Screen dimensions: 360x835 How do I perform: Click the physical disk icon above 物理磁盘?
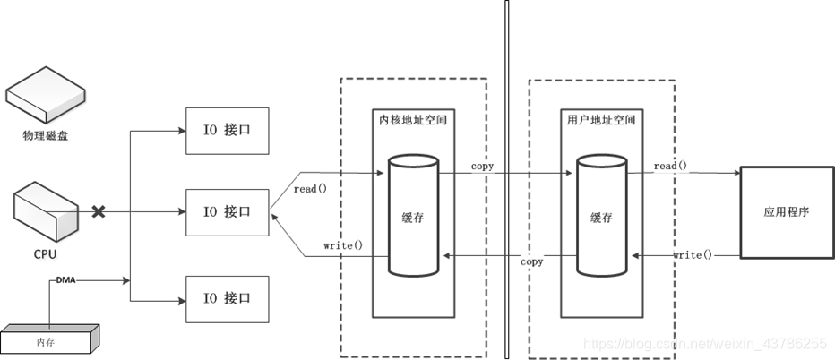pyautogui.click(x=46, y=98)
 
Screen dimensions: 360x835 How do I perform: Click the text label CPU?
pyautogui.click(x=45, y=254)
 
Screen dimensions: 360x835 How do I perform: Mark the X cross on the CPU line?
pyautogui.click(x=99, y=212)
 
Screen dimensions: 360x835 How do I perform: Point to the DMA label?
pyautogui.click(x=66, y=280)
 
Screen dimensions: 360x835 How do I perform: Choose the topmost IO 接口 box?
pyautogui.click(x=226, y=131)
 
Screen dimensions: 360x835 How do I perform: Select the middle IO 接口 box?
pyautogui.click(x=226, y=212)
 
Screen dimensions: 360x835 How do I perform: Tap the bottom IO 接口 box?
pyautogui.click(x=226, y=298)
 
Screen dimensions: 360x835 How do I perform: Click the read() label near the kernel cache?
pyautogui.click(x=310, y=189)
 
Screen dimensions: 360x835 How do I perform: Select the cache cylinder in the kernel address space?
pyautogui.click(x=413, y=215)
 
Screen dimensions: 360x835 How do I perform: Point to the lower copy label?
pyautogui.click(x=532, y=262)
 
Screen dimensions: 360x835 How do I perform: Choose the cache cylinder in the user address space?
pyautogui.click(x=602, y=215)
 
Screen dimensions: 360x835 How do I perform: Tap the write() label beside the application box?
pyautogui.click(x=693, y=255)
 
